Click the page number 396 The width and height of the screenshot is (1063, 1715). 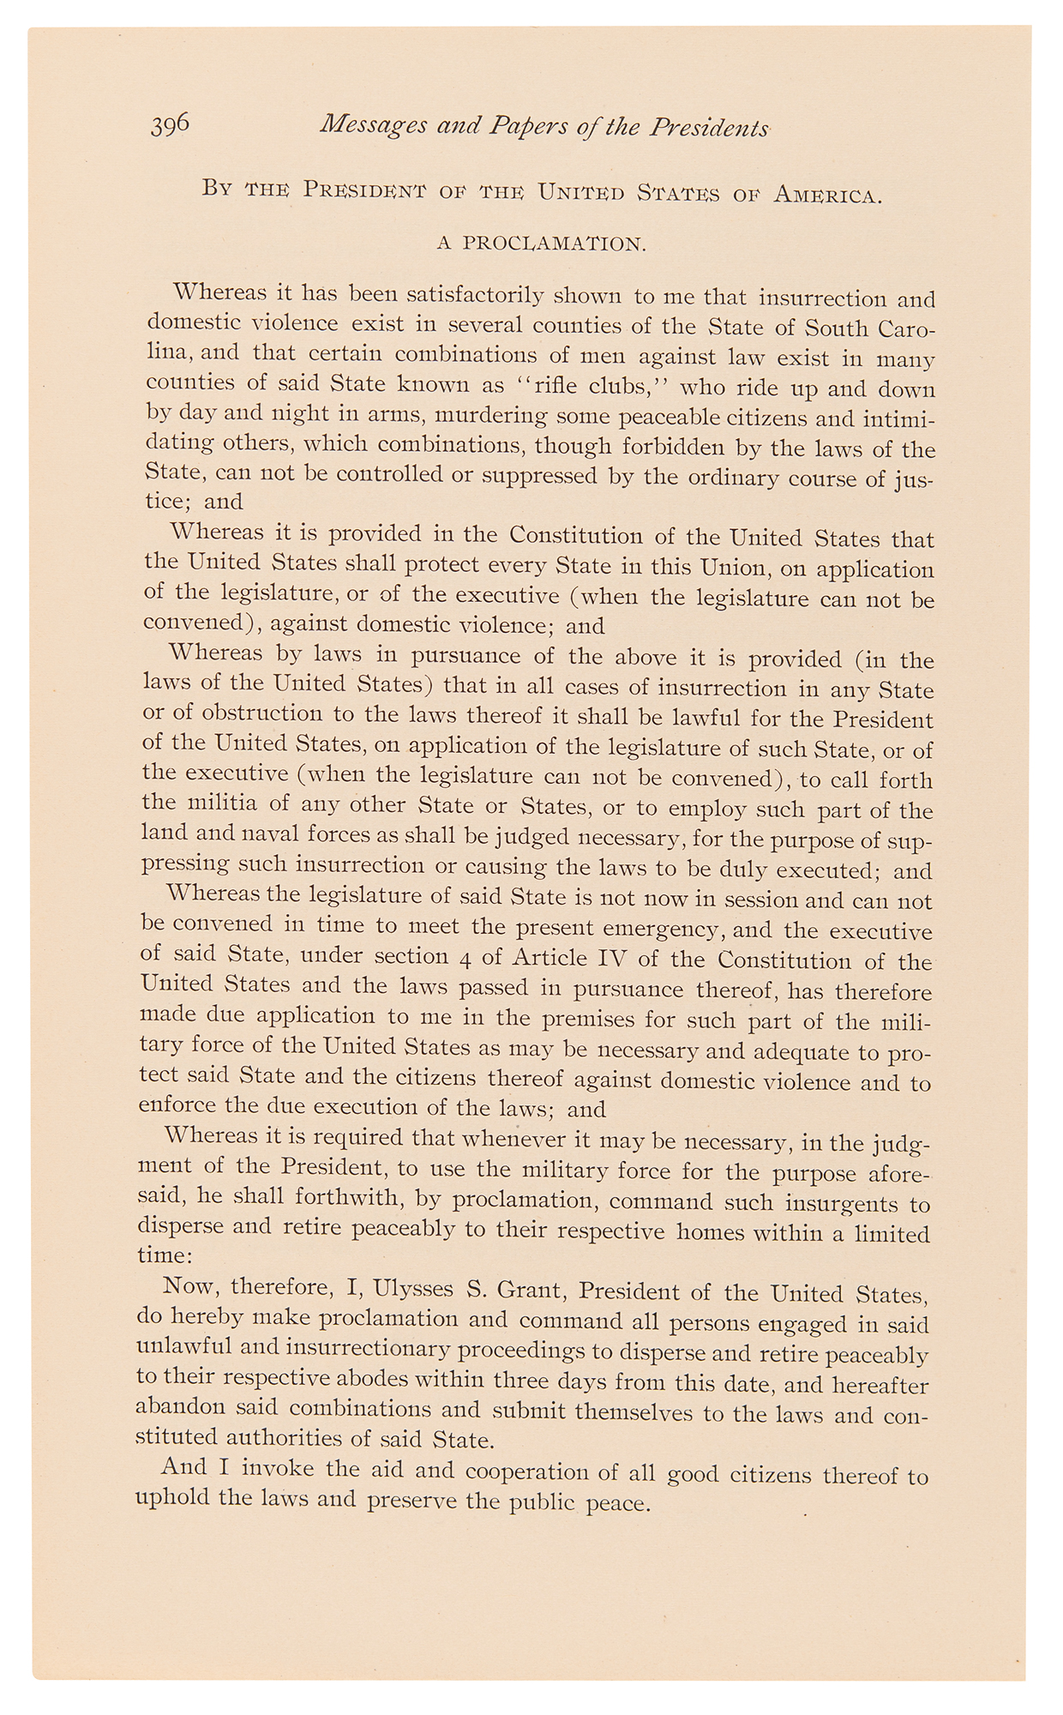point(171,125)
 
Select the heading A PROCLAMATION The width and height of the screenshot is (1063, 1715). point(541,244)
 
